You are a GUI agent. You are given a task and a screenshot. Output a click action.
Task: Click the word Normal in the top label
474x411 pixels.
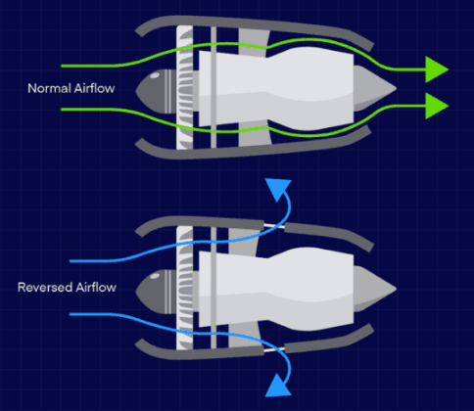(x=49, y=88)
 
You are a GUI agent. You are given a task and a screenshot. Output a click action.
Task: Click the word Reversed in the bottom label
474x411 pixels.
(x=45, y=288)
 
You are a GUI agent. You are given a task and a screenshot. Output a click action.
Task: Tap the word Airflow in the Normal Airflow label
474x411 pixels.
(x=94, y=88)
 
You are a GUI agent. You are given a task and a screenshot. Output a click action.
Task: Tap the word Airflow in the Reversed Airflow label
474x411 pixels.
(x=96, y=288)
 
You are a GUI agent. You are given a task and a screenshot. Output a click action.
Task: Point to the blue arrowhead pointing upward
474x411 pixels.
(x=278, y=189)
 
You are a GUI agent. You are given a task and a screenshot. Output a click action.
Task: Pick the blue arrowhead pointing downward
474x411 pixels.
(x=277, y=387)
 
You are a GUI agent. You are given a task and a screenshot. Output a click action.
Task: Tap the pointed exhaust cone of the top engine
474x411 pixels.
(x=374, y=88)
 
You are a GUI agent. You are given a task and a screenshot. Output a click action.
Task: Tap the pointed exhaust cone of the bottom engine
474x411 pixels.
(x=374, y=289)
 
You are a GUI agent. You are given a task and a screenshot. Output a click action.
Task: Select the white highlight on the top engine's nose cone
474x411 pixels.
(x=155, y=76)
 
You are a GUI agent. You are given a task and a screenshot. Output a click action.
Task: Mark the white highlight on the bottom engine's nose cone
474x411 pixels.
(x=155, y=276)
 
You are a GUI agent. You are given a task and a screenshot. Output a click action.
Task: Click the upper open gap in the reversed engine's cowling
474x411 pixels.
(x=274, y=226)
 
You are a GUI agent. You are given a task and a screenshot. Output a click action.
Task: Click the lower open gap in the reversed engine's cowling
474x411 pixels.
(x=274, y=349)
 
